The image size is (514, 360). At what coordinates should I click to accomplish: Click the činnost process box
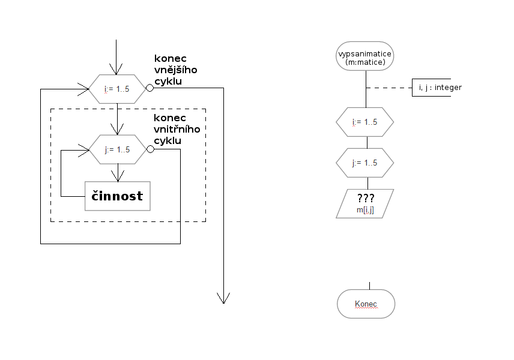coord(117,196)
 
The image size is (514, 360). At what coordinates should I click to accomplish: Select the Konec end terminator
coord(366,304)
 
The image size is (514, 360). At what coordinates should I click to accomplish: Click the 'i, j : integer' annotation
coord(440,88)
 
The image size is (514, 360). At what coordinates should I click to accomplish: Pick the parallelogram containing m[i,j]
coord(365,202)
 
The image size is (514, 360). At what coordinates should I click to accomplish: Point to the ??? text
coord(365,198)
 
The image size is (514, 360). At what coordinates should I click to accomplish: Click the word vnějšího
coord(176,70)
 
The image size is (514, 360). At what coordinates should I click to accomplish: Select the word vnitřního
coord(177,128)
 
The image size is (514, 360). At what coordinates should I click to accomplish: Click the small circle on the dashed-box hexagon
coord(150,149)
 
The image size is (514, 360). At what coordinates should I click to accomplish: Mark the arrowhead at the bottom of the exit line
coord(223,298)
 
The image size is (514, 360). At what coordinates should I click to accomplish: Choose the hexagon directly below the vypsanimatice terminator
coord(365,122)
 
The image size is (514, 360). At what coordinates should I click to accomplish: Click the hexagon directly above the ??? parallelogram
coord(365,162)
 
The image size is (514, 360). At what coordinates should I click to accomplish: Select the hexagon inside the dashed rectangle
coord(118,149)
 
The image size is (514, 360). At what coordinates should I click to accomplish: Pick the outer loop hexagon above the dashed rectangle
coord(118,89)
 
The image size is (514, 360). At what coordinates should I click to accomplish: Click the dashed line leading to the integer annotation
coord(389,88)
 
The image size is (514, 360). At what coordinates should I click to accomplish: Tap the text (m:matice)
coord(365,63)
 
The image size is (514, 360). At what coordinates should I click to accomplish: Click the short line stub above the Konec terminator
coord(369,286)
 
